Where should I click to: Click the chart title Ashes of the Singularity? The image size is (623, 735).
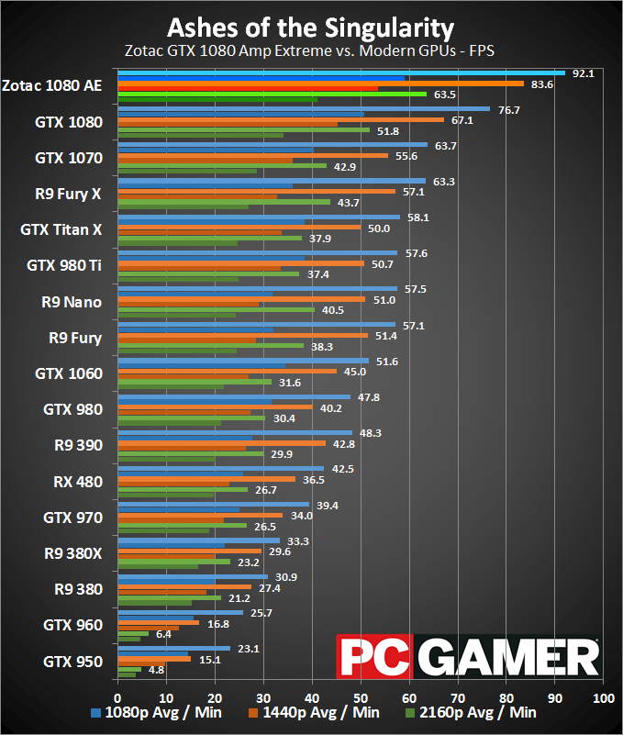(x=310, y=26)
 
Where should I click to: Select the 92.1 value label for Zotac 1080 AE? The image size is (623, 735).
(x=584, y=73)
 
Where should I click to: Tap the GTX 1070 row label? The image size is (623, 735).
(x=69, y=158)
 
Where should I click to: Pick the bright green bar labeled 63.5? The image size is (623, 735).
(x=272, y=94)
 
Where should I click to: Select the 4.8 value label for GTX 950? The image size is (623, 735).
(x=156, y=670)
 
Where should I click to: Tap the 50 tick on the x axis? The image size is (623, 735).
(x=361, y=698)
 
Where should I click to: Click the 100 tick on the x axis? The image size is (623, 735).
(x=603, y=698)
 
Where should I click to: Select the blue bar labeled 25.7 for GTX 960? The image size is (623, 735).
(x=180, y=612)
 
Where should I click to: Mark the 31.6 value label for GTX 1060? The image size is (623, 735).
(x=290, y=383)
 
